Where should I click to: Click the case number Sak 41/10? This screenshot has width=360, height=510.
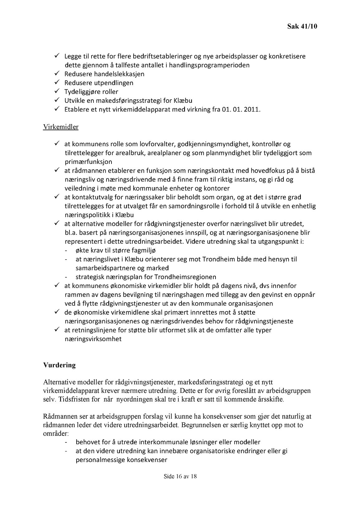point(302,26)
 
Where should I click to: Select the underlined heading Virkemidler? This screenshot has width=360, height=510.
point(61,127)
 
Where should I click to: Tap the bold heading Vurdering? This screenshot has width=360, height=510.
point(59,365)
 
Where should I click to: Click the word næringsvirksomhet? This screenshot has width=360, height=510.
point(93,339)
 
